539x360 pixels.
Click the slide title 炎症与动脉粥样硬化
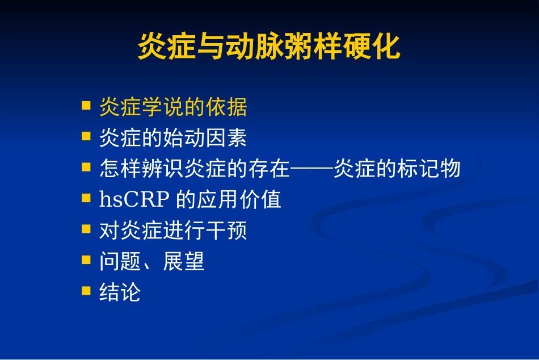point(269,47)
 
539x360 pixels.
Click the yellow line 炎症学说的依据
point(172,106)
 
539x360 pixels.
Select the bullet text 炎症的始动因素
point(172,137)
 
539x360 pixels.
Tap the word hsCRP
point(134,199)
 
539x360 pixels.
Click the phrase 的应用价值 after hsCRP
point(229,199)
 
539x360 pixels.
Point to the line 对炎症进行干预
point(172,231)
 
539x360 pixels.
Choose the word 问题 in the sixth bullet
point(120,262)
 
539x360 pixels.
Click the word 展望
point(183,262)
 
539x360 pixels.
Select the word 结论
point(120,292)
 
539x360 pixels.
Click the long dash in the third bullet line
point(311,169)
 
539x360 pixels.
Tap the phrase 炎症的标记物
point(397,169)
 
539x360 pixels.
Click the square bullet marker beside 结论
point(86,291)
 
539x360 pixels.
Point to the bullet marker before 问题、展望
point(86,260)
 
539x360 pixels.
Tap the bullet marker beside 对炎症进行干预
point(86,229)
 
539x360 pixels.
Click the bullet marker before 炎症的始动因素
point(86,136)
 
